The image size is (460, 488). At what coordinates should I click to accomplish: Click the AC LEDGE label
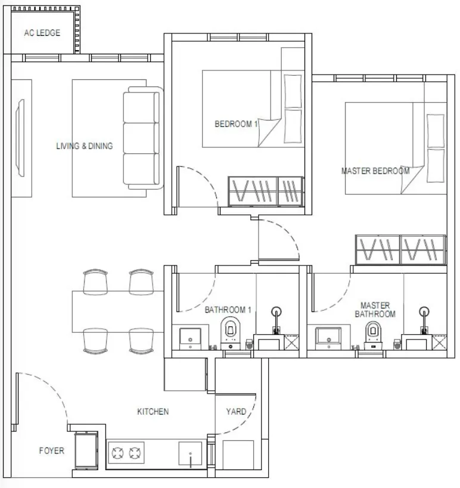[42, 33]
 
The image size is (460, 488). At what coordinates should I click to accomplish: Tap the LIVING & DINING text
[84, 146]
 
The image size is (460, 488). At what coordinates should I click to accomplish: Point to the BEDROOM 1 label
[236, 124]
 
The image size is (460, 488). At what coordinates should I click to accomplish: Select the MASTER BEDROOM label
[375, 171]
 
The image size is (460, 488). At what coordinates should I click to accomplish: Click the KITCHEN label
[153, 412]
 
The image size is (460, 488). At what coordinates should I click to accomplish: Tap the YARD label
[236, 412]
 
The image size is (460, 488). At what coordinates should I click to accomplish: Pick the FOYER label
[52, 450]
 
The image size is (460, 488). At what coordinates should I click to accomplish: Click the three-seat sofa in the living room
[143, 138]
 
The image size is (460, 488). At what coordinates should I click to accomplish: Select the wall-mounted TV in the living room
[20, 138]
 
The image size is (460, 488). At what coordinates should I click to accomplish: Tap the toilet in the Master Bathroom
[373, 335]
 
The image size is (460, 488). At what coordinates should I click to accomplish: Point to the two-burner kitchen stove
[126, 453]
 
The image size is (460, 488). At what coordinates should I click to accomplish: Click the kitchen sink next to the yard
[190, 453]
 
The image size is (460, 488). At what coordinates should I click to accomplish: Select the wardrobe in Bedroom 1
[266, 192]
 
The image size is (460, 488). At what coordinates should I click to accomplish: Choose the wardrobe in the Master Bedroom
[400, 250]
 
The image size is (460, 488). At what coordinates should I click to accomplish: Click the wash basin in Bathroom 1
[190, 338]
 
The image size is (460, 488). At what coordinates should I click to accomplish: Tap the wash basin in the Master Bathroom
[328, 338]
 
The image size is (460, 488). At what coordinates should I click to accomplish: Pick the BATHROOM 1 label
[228, 310]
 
